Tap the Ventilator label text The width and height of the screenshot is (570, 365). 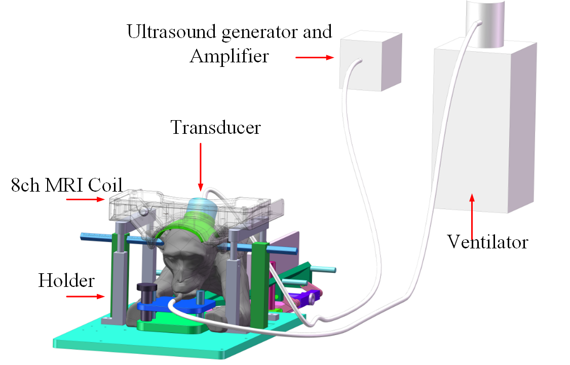[487, 242]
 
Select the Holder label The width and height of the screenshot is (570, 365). [66, 280]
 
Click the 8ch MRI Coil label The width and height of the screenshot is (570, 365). [67, 186]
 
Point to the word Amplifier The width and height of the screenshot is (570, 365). [229, 56]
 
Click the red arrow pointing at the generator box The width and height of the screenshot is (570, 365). [314, 57]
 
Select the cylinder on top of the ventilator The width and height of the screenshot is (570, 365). [485, 23]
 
